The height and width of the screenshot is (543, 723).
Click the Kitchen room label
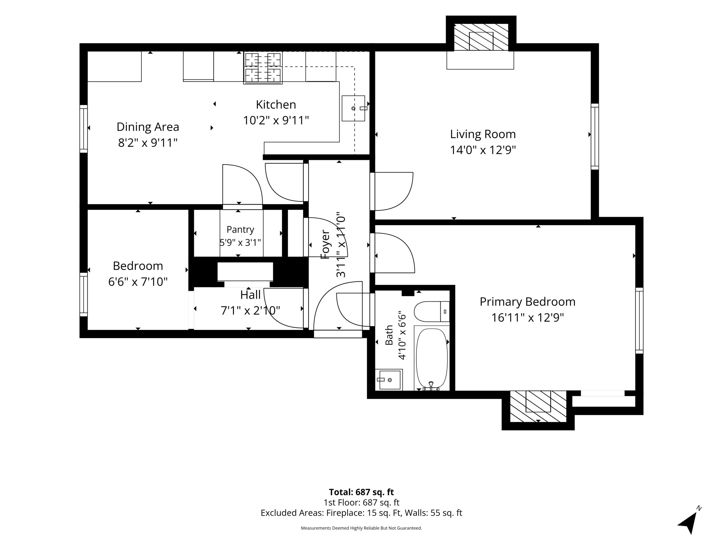pos(276,105)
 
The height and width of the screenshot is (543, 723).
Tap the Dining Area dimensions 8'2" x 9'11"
pos(148,143)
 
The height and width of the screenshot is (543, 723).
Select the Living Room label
pos(483,134)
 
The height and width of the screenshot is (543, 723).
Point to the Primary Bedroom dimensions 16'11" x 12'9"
pos(528,318)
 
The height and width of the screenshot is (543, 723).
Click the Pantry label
pos(240,230)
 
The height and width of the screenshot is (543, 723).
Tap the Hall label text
pos(251,295)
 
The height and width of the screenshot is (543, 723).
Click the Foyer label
pos(326,245)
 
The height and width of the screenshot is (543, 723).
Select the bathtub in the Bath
pos(432,358)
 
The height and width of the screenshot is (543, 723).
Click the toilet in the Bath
pos(432,312)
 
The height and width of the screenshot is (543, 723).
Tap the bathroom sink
pos(389,380)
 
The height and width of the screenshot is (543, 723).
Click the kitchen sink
pos(353,108)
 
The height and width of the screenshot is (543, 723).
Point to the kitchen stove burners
pos(263,68)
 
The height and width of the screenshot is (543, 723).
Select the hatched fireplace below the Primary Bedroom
pos(538,406)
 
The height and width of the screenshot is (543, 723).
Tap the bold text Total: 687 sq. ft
pos(361,492)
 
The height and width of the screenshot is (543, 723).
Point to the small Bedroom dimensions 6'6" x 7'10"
pos(138,281)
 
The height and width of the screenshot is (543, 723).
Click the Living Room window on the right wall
pos(595,137)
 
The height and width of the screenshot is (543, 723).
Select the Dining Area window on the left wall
pos(84,129)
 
